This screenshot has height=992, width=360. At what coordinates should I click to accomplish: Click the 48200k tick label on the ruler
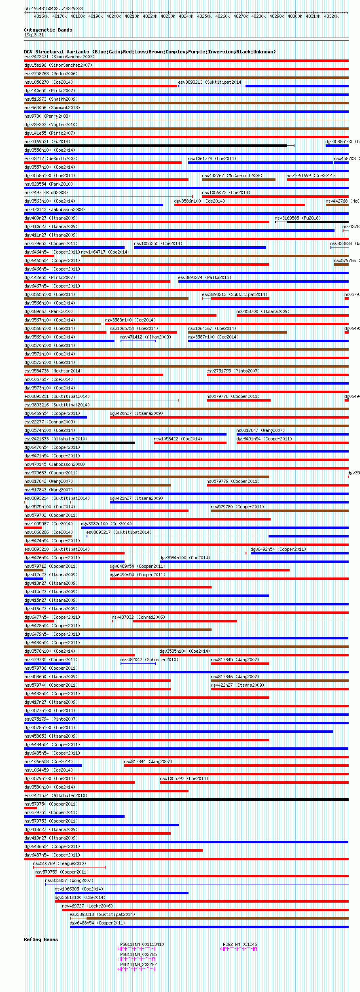tap(114, 16)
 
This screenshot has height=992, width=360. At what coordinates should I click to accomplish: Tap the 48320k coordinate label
tap(331, 16)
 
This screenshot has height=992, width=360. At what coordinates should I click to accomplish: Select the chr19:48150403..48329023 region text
tap(53, 8)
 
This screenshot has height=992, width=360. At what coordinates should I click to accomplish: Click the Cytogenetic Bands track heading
tap(48, 30)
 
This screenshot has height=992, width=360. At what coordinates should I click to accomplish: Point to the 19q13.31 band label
tap(34, 35)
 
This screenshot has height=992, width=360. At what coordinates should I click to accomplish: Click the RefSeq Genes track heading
tap(41, 939)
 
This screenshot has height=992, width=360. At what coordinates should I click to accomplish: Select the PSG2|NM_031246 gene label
tap(240, 944)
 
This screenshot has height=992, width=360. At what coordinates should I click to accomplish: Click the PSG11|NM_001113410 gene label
tap(142, 944)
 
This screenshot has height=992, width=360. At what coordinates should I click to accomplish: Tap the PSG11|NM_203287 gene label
tap(138, 965)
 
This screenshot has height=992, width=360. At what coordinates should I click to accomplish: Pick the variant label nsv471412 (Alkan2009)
tap(145, 337)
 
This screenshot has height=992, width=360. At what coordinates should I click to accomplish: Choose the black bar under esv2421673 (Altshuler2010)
tap(79, 443)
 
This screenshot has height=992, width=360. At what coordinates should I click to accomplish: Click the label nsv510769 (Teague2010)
tap(59, 863)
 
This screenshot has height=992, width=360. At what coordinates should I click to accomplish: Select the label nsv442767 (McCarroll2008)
tap(232, 176)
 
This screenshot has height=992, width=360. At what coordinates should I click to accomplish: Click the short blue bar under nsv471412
tap(138, 341)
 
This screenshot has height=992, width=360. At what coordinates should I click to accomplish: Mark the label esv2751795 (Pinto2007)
tap(233, 371)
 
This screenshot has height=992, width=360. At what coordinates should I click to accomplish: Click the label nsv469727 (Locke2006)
tap(87, 906)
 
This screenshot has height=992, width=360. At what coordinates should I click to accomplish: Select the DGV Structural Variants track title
tap(150, 52)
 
